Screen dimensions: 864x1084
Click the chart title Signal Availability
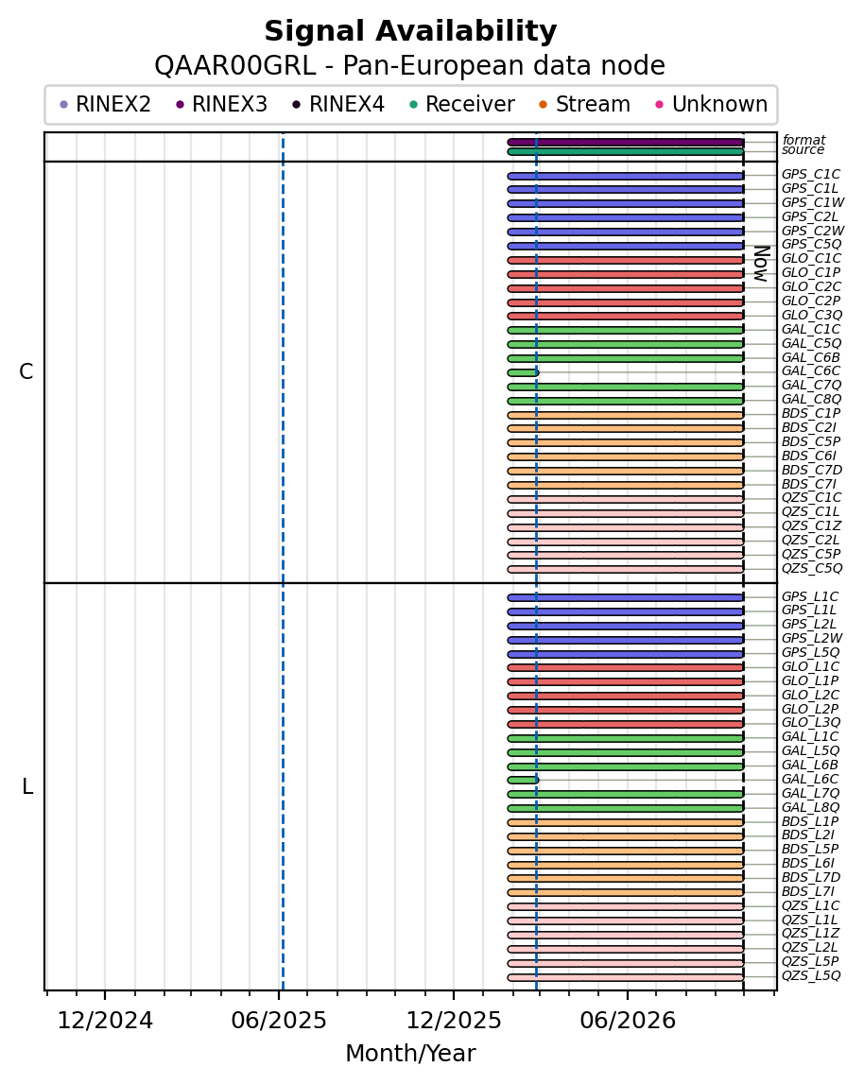(410, 32)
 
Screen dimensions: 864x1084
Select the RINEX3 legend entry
(222, 104)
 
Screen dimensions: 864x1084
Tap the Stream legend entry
(584, 104)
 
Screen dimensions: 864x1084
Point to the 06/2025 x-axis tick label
(279, 1021)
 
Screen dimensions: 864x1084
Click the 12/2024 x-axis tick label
(104, 1021)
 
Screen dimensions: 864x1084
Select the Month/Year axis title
(410, 1054)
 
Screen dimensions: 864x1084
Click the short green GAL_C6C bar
(523, 372)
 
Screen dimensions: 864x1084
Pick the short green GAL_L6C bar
(523, 781)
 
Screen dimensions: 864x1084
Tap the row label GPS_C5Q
(811, 244)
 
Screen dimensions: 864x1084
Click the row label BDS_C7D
(811, 470)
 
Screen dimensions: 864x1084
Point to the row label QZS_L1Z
(810, 934)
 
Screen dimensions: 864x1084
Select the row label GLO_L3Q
(811, 722)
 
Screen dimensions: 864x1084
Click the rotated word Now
(762, 264)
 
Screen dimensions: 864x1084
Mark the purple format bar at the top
(626, 143)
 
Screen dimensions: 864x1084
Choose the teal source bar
(626, 152)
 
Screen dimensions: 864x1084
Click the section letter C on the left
(26, 372)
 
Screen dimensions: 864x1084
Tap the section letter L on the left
(27, 786)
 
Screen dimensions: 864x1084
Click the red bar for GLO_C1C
(626, 261)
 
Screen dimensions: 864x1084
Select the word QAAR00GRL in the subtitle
(235, 66)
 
